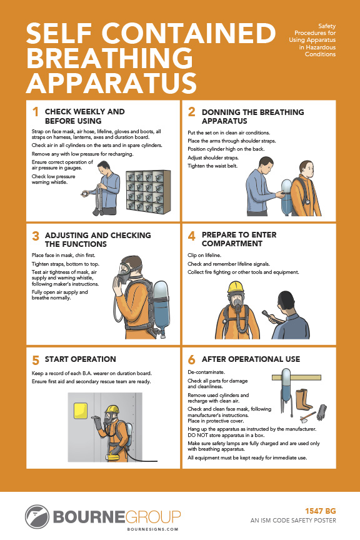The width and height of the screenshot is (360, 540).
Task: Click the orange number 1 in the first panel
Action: (35, 112)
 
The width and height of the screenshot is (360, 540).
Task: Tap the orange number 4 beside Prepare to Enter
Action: (191, 236)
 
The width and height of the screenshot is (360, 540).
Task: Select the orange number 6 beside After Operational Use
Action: (191, 360)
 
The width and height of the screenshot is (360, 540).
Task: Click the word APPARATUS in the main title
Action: (112, 83)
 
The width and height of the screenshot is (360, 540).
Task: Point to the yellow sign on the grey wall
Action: (81, 412)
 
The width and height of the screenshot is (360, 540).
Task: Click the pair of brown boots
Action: (303, 399)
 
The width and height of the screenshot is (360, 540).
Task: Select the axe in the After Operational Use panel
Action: (307, 417)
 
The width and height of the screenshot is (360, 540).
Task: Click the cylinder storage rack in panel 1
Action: (148, 192)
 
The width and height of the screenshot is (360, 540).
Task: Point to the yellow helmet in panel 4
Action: (236, 287)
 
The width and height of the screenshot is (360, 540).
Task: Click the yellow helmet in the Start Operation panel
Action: (112, 409)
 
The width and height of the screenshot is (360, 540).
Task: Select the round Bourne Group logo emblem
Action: (37, 517)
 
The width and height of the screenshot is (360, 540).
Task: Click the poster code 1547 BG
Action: (321, 511)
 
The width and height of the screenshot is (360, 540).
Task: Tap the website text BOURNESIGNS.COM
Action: (152, 529)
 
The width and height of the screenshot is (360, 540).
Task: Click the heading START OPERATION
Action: (80, 359)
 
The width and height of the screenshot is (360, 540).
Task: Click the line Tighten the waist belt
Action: (212, 166)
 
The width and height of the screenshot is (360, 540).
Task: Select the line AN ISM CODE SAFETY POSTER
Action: (293, 521)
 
